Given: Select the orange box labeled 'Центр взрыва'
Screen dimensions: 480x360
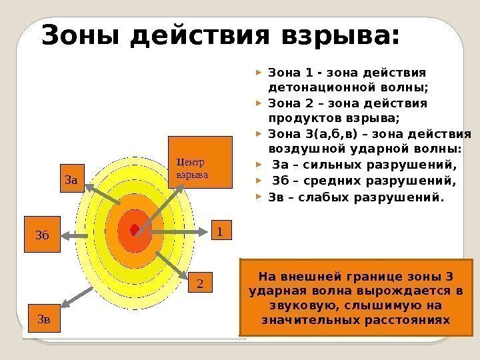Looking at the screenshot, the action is pyautogui.click(x=199, y=162).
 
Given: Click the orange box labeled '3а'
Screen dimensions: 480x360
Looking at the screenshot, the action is pyautogui.click(x=71, y=179).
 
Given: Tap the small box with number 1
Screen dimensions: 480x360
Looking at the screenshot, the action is pyautogui.click(x=220, y=231).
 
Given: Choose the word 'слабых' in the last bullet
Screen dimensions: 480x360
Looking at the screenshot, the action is pyautogui.click(x=321, y=197).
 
